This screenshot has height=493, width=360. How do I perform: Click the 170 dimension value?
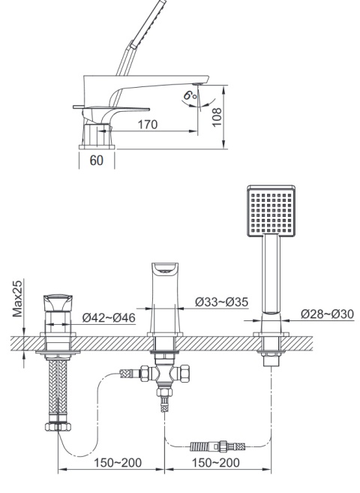148,125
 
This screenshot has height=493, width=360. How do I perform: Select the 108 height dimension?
217,117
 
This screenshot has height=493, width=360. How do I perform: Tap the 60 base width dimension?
97,161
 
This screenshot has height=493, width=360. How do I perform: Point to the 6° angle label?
190,95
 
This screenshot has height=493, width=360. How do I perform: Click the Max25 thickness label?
17,299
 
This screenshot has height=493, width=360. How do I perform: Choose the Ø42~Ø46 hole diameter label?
109,317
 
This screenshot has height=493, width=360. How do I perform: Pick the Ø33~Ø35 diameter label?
221,302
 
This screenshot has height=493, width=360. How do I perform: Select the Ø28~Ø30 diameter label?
327,314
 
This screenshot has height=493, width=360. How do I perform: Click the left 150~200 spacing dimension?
118,462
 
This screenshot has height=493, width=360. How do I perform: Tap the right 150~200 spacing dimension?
215,462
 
